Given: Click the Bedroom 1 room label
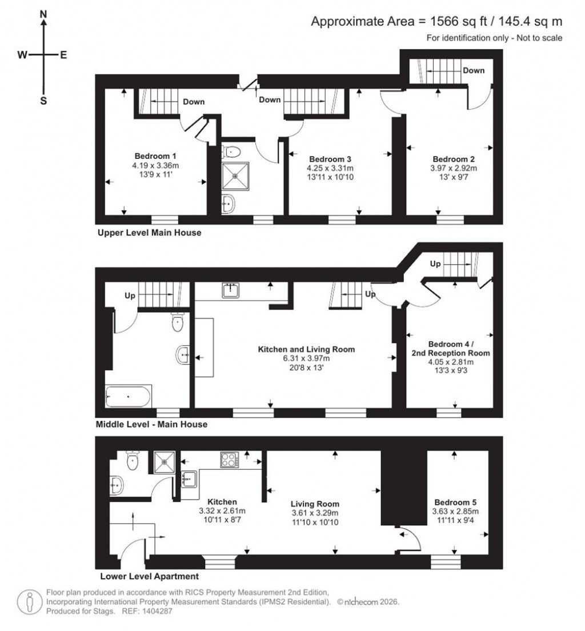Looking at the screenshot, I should coord(155,156).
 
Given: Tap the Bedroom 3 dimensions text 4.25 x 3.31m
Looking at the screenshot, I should coord(331,168).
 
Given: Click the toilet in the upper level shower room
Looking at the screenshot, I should coord(232,151).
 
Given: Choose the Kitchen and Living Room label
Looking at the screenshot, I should coord(307,349).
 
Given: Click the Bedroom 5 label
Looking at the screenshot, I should coord(455,502).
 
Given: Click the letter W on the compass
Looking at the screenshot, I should coord(22,55).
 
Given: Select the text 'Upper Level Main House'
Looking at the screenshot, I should coord(149,233).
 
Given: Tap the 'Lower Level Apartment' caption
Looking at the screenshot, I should coord(149,576).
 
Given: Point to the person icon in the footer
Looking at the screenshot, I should coord(29,601).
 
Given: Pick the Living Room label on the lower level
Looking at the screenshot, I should coord(315,504).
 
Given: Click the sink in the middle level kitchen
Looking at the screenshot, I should coord(230,290).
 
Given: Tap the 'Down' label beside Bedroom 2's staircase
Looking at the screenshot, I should coord(474,71).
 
